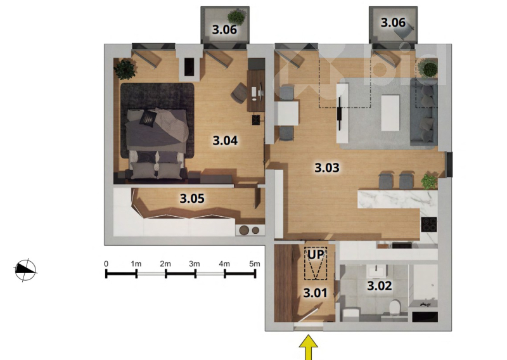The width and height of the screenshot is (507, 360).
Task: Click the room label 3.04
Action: [225, 140]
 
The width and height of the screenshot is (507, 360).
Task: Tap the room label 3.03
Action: [327, 167]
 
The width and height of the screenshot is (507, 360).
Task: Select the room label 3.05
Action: [192, 198]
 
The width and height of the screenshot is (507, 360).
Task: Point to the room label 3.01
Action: [315, 293]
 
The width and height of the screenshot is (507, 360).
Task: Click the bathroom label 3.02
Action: [379, 286]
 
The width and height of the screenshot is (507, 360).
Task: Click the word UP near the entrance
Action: [315, 255]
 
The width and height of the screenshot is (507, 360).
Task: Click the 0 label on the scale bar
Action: [106, 264]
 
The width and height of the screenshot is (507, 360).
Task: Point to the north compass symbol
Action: [25, 270]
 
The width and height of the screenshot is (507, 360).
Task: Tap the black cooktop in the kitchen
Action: [429, 224]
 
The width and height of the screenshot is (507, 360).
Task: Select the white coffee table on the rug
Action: [390, 112]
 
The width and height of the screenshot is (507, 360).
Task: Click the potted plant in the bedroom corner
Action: [125, 69]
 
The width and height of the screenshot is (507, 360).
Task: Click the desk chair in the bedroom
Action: [239, 93]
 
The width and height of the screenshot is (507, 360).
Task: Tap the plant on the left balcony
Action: [237, 17]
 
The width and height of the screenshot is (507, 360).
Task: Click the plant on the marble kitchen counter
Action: [429, 181]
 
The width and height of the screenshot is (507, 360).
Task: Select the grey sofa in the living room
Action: [423, 112]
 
